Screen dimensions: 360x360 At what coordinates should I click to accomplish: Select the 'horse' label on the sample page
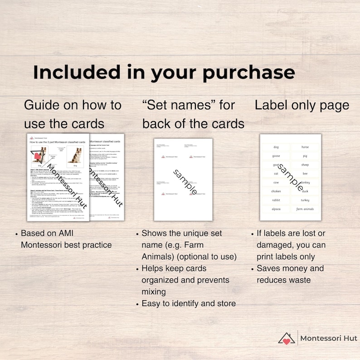[305, 147]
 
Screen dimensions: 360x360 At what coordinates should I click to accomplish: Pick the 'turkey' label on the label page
[305, 200]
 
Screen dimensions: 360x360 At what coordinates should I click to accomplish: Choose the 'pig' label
[305, 156]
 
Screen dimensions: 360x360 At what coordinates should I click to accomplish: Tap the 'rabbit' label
[276, 200]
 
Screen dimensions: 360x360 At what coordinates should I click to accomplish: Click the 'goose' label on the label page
[276, 156]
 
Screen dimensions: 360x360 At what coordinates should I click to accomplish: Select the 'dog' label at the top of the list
[276, 147]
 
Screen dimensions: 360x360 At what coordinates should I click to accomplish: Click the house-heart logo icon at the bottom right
[287, 338]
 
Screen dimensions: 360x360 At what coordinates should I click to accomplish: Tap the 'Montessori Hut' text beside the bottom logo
[329, 338]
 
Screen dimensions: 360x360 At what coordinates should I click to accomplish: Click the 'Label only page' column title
[302, 106]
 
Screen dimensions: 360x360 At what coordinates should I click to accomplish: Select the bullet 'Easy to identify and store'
[189, 303]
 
